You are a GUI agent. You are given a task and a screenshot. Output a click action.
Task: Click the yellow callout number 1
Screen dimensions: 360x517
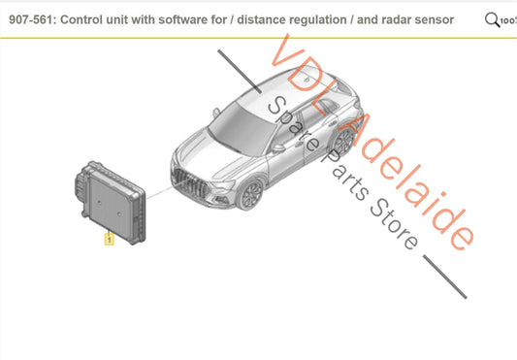tap(109, 239)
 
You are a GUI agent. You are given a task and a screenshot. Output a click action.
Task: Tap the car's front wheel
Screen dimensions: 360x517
tap(251, 194)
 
